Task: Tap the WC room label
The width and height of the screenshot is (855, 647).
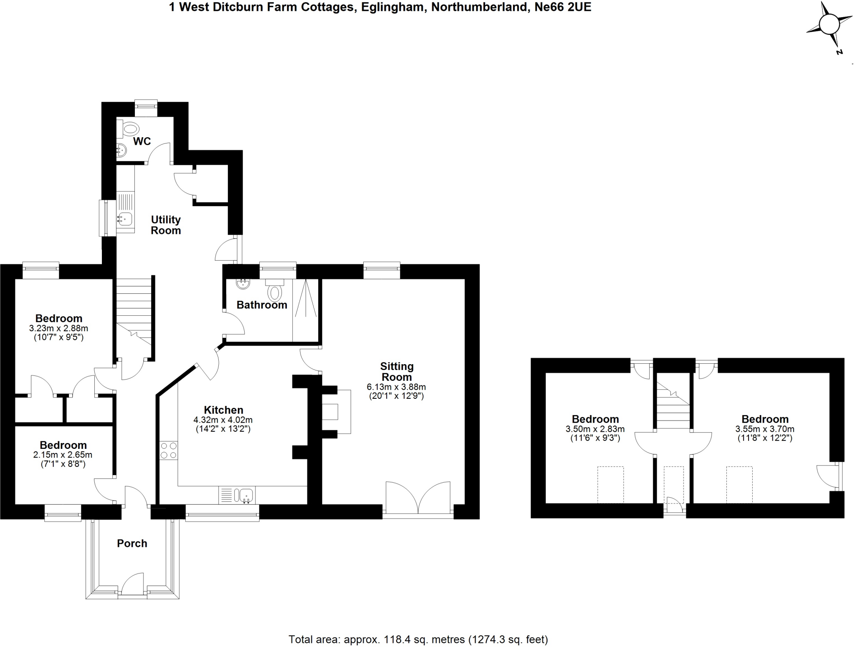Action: coord(142,141)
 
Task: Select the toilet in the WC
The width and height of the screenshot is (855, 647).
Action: coord(130,129)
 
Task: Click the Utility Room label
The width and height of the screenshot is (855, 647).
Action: coord(166,225)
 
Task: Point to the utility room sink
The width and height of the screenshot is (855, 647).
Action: coord(125,218)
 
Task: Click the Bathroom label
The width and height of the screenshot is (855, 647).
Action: coord(262,305)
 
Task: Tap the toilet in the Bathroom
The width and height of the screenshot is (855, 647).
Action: coord(274,292)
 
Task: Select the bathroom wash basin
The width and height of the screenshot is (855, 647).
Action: coord(243,284)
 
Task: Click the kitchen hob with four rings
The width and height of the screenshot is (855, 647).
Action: coord(168,451)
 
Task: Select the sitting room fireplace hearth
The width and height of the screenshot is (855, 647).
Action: coord(336,412)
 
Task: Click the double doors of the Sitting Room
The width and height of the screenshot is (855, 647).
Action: coord(418,498)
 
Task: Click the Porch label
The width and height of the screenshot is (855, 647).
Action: coord(132,544)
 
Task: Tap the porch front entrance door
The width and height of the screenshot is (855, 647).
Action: coord(133,585)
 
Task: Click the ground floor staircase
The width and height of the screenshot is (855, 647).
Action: coord(133,311)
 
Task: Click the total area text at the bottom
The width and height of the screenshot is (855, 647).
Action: coord(418,639)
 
